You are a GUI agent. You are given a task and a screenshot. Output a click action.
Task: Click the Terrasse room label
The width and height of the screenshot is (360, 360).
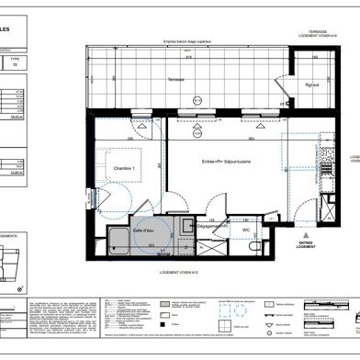(176, 80)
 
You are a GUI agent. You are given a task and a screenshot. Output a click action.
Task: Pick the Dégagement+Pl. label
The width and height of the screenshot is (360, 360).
(187, 199)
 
